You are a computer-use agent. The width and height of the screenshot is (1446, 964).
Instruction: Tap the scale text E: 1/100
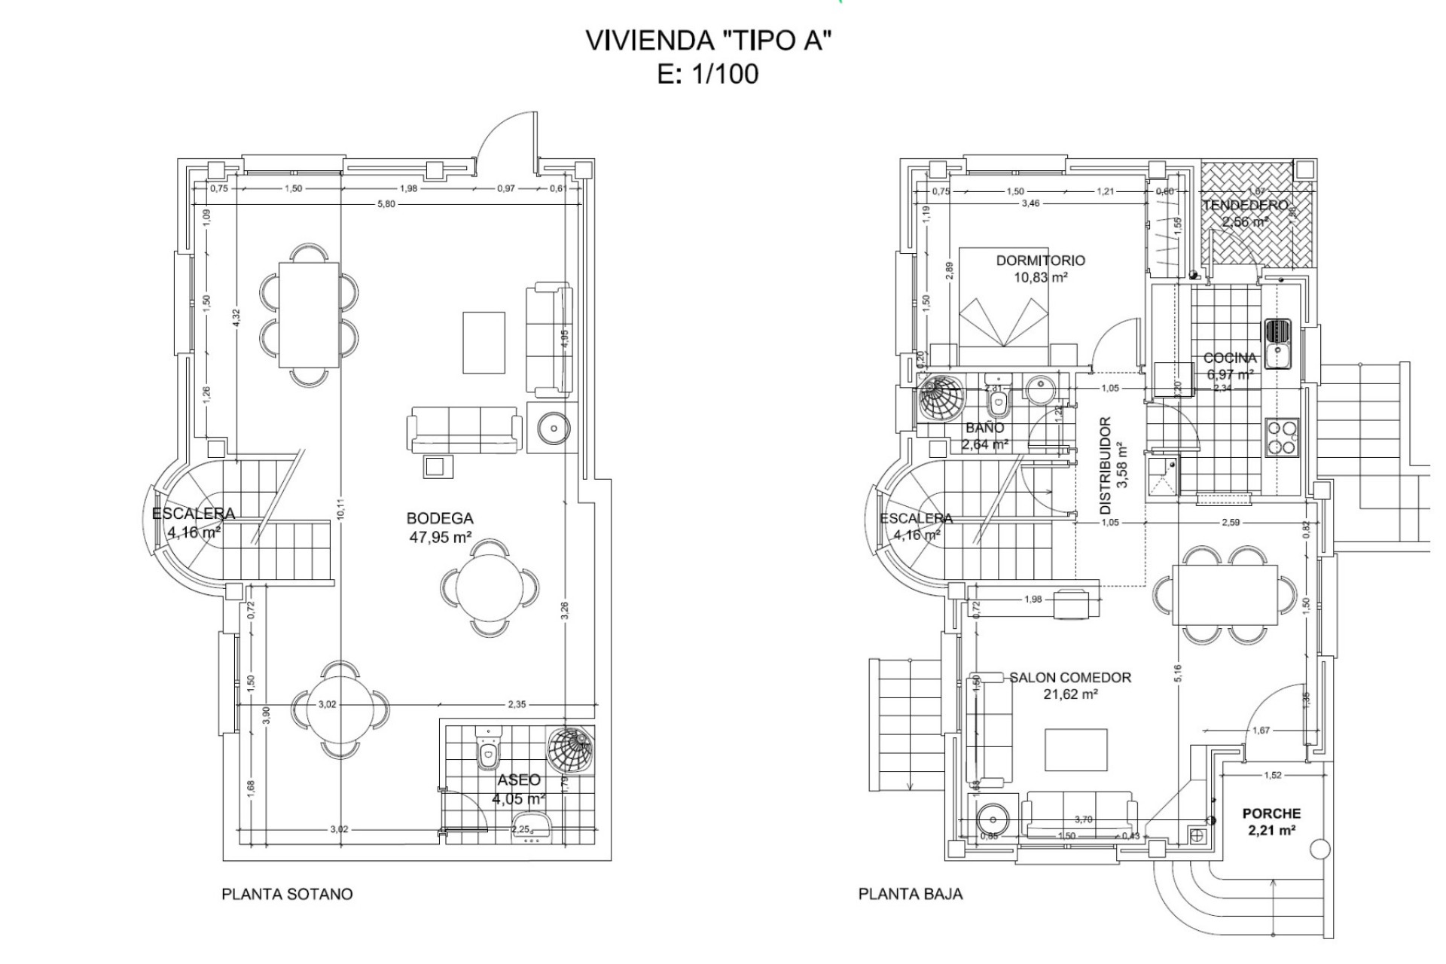[x=708, y=75]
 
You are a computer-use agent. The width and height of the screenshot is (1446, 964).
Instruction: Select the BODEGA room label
[x=440, y=519]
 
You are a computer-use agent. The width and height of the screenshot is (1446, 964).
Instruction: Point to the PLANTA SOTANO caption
[x=287, y=894]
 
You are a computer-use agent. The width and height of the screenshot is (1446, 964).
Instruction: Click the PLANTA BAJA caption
[x=911, y=894]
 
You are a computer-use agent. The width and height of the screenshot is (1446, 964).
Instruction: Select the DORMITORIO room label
[x=1040, y=261]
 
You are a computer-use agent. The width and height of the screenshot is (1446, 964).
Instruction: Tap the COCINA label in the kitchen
[x=1230, y=358]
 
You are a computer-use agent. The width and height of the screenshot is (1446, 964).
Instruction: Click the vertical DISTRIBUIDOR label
[x=1106, y=459]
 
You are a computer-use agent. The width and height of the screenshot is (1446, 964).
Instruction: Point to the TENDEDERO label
[x=1245, y=206]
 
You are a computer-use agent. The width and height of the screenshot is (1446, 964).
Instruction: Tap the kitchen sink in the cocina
[x=1277, y=343]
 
